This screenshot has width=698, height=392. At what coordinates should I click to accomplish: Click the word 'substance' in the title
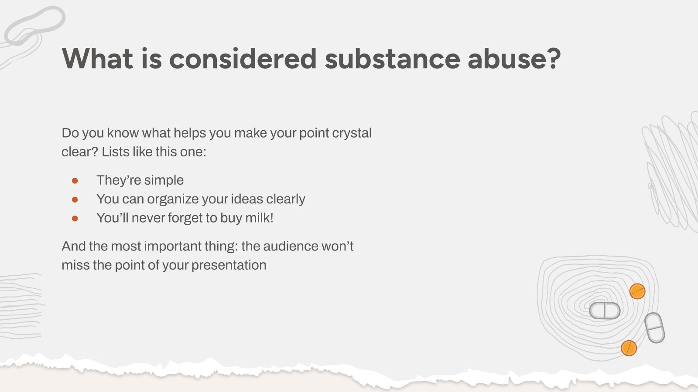point(392,58)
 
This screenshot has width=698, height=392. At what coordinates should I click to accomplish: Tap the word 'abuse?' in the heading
point(514,58)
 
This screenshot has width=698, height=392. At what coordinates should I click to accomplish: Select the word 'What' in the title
point(97,58)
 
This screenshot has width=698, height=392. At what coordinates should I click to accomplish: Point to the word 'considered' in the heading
point(243,58)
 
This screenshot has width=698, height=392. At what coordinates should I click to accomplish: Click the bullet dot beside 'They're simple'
point(75,180)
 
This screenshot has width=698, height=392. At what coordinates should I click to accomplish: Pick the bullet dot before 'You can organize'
point(75,199)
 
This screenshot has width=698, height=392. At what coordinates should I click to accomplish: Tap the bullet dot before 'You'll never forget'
point(75,218)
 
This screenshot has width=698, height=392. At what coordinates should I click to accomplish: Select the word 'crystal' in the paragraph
point(352,133)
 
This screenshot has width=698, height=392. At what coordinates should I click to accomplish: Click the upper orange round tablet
point(637,291)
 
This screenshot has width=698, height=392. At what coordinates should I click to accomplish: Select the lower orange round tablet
point(629,348)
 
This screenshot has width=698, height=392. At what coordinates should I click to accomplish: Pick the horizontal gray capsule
point(605,311)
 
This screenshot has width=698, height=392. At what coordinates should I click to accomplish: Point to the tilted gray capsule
point(654,328)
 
